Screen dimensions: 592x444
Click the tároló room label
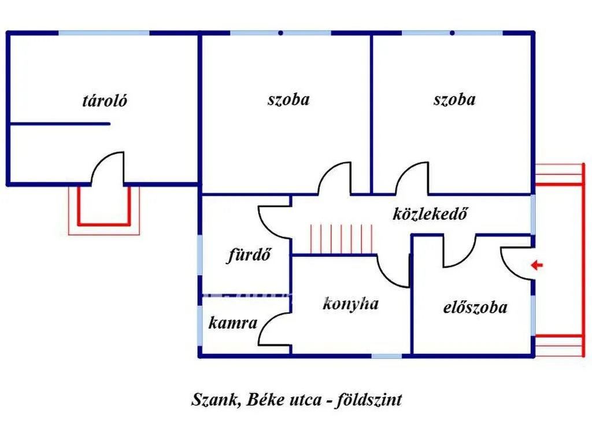pos(105,101)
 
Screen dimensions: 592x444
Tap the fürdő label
pos(249,255)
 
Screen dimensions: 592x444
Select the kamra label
pos(232,323)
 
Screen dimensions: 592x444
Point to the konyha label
pos(350,304)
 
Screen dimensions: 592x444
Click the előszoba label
pos(475,308)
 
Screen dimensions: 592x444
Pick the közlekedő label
pos(430,214)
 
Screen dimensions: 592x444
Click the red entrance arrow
pos(536,265)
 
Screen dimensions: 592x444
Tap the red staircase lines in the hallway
pos(341,239)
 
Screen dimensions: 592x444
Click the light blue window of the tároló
pos(104,33)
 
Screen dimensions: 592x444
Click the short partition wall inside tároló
pos(60,124)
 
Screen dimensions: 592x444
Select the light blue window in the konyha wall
pos(387,356)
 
